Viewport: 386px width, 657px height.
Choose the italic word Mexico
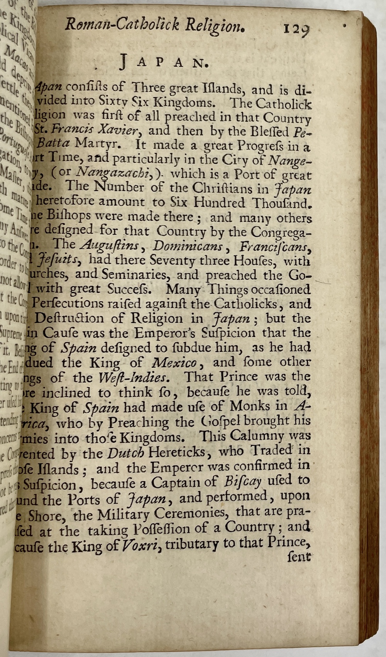[174, 362]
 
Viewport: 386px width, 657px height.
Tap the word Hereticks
[177, 451]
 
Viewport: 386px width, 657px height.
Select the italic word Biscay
[243, 481]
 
